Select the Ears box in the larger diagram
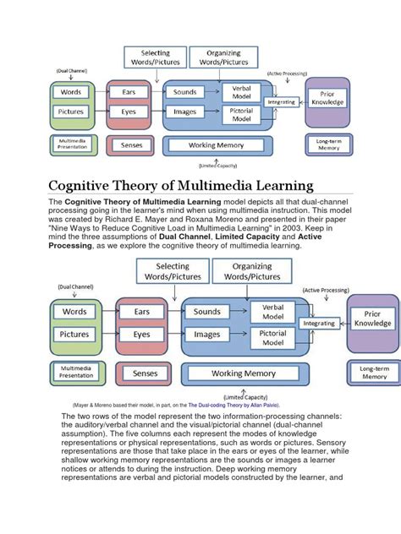141,312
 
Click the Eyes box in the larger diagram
141,334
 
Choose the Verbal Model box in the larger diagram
272,312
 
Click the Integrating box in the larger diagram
319,323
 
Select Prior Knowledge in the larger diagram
373,318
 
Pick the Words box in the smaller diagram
72,91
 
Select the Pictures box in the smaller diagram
72,112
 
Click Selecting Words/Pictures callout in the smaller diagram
155,57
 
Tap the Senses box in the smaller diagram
132,145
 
